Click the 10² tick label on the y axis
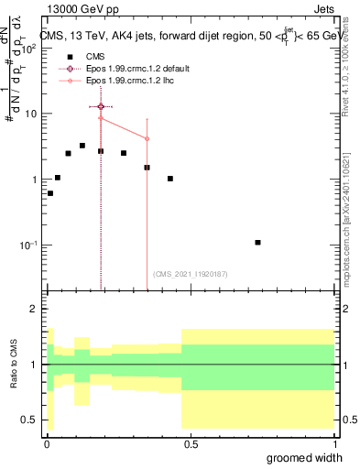point(29,48)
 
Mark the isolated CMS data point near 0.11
point(257,243)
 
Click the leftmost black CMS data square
point(50,193)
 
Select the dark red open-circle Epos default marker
point(101,107)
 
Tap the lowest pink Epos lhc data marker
point(147,139)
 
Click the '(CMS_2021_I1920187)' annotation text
point(190,274)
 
